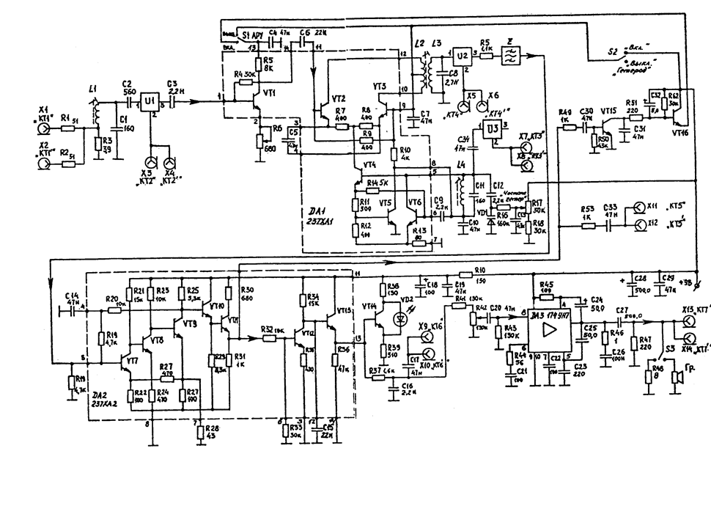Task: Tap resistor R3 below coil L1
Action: [98, 146]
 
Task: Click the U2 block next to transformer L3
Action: [462, 55]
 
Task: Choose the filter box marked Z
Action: [508, 54]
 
